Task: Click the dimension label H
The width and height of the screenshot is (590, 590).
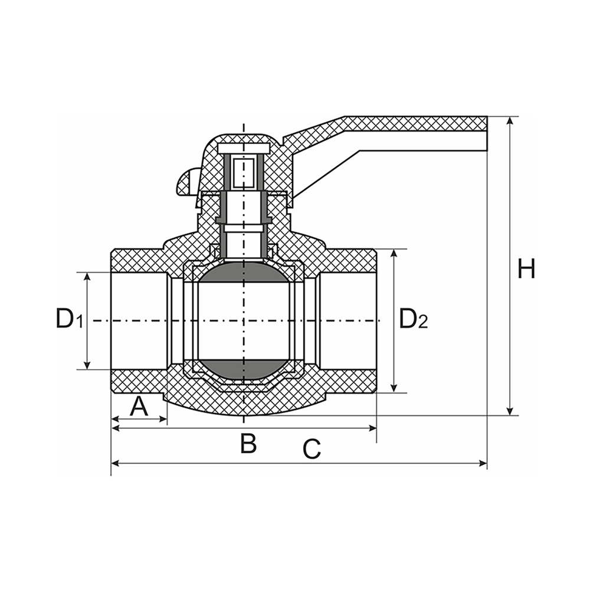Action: [x=526, y=269]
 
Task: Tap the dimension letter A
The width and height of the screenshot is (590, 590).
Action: [x=139, y=407]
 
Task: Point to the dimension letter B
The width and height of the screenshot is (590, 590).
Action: [x=248, y=443]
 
